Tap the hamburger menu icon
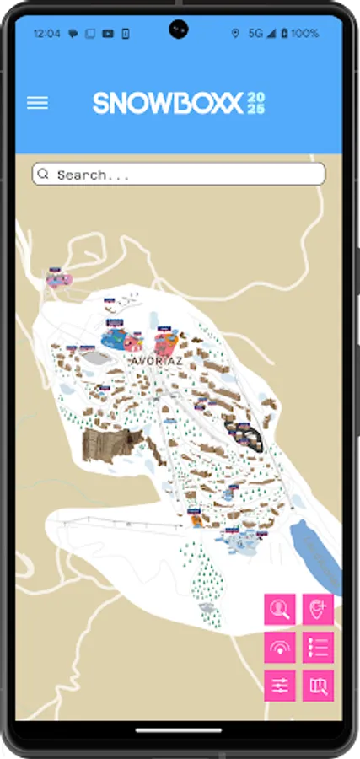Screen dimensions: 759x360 (37, 103)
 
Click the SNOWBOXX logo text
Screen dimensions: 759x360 (168, 103)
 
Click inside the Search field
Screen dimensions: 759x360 (185, 175)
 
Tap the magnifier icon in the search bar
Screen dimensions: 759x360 (44, 175)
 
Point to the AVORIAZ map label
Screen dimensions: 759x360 (157, 361)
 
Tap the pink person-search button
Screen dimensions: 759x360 (280, 609)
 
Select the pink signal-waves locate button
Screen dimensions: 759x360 (280, 648)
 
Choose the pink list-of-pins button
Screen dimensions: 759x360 (318, 648)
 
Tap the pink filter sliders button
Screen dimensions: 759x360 (280, 686)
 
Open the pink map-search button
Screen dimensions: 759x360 (318, 686)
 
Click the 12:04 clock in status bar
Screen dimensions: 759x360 (46, 34)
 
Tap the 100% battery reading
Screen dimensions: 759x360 (304, 34)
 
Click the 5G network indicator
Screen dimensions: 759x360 (255, 34)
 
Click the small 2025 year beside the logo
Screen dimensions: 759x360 (255, 103)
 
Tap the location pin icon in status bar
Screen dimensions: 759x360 (235, 34)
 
